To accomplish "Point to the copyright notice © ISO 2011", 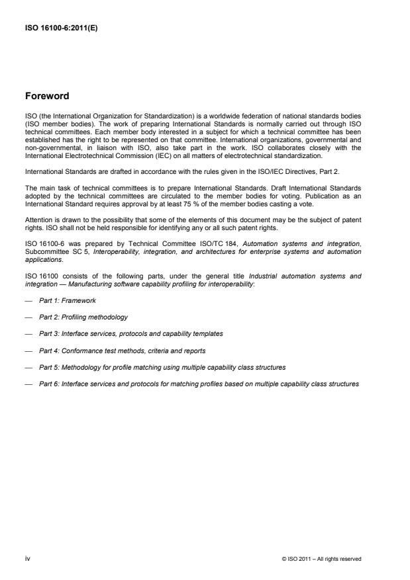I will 321,559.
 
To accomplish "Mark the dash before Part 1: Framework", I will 27,300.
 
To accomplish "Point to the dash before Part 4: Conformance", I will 27,351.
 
